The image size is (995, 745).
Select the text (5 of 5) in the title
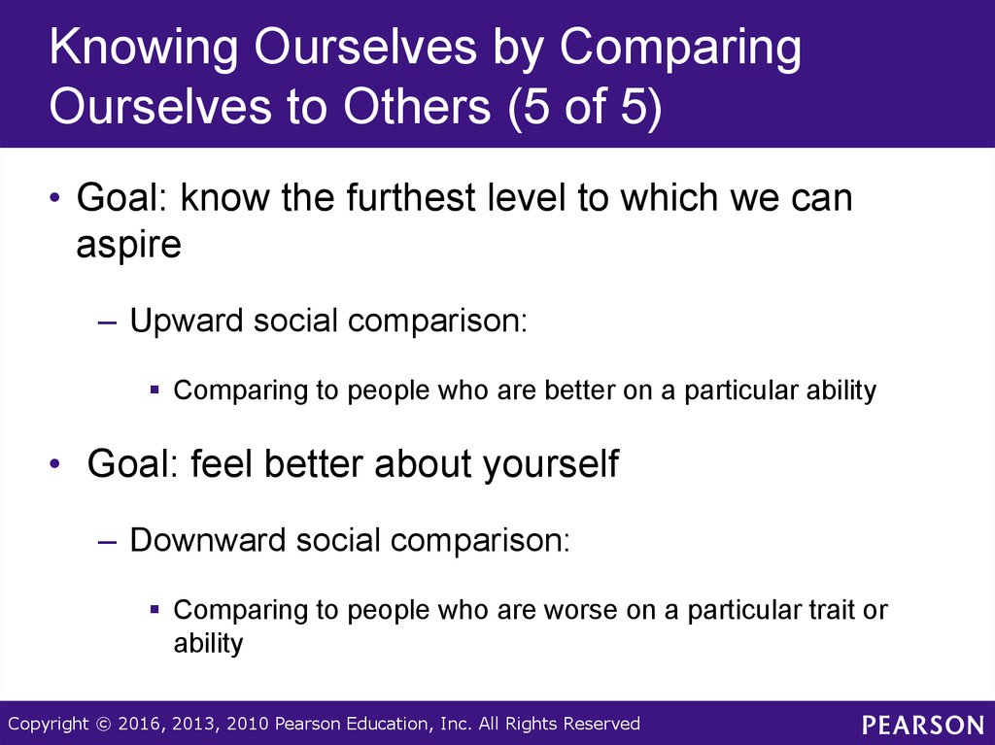[584, 106]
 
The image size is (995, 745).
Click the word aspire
[129, 245]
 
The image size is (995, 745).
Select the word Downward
[208, 541]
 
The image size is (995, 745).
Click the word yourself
[551, 464]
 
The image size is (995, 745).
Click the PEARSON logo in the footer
[923, 725]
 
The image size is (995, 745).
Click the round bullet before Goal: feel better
[55, 464]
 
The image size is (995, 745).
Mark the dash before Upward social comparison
[108, 322]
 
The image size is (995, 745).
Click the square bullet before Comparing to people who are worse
[154, 609]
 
